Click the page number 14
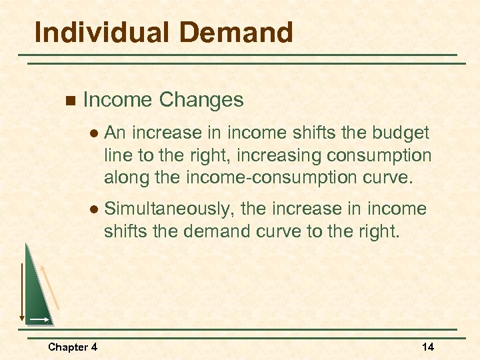(428, 347)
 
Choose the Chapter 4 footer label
(73, 347)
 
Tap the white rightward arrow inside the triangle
(38, 321)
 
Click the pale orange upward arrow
(51, 287)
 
